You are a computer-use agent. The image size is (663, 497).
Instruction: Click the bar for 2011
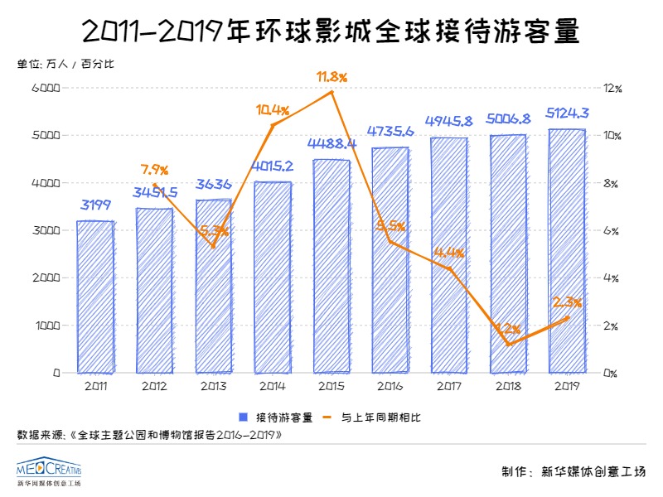[94, 297]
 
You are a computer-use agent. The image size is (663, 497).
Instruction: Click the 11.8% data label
[331, 77]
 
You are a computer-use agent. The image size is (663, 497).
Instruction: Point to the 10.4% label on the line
[273, 109]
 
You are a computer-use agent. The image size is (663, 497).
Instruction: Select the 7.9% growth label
[154, 170]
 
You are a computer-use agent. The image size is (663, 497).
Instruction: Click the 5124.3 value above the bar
[567, 113]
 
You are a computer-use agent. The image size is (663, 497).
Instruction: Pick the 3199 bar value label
[94, 205]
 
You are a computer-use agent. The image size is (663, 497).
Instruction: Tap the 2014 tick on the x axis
[271, 385]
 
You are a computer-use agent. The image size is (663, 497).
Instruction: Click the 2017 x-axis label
[448, 385]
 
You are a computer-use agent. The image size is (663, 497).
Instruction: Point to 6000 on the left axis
[46, 88]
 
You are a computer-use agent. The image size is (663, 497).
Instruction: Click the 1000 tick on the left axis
[46, 326]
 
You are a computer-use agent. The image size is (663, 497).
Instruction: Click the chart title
[331, 31]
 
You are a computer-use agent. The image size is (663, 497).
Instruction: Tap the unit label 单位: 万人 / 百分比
[65, 65]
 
